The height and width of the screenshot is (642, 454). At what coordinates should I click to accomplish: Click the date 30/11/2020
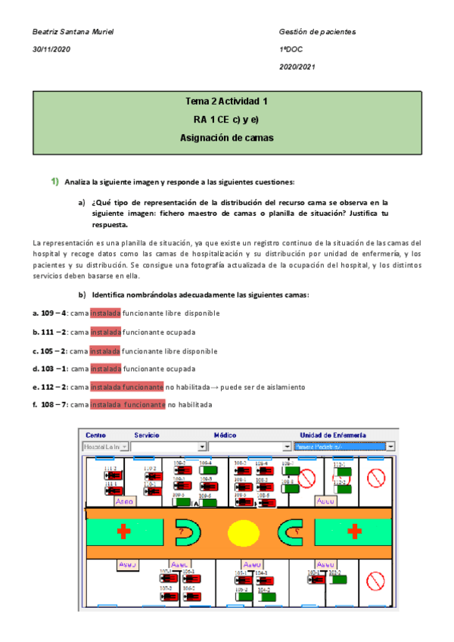[x=50, y=50]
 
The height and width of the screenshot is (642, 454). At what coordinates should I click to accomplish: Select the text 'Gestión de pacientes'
[x=317, y=33]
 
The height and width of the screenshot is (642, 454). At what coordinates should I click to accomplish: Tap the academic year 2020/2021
[x=297, y=67]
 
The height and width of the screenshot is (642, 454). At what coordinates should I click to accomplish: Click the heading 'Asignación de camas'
[x=226, y=138]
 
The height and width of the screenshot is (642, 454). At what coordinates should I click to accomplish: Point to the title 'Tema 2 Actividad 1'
[x=226, y=101]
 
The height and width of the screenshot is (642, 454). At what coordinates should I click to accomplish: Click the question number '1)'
[x=54, y=182]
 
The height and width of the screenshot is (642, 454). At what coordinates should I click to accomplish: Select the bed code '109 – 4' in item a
[x=51, y=313]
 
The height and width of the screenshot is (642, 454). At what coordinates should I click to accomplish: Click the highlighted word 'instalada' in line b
[x=105, y=332]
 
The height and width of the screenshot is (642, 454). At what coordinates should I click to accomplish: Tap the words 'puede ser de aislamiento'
[x=265, y=387]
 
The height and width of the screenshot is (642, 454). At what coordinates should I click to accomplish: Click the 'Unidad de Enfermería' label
[x=333, y=436]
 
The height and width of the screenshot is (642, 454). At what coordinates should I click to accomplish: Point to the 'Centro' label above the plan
[x=96, y=436]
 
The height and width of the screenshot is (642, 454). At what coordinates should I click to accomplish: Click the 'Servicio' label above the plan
[x=147, y=436]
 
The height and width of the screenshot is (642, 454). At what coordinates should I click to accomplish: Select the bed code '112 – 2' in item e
[x=51, y=387]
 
